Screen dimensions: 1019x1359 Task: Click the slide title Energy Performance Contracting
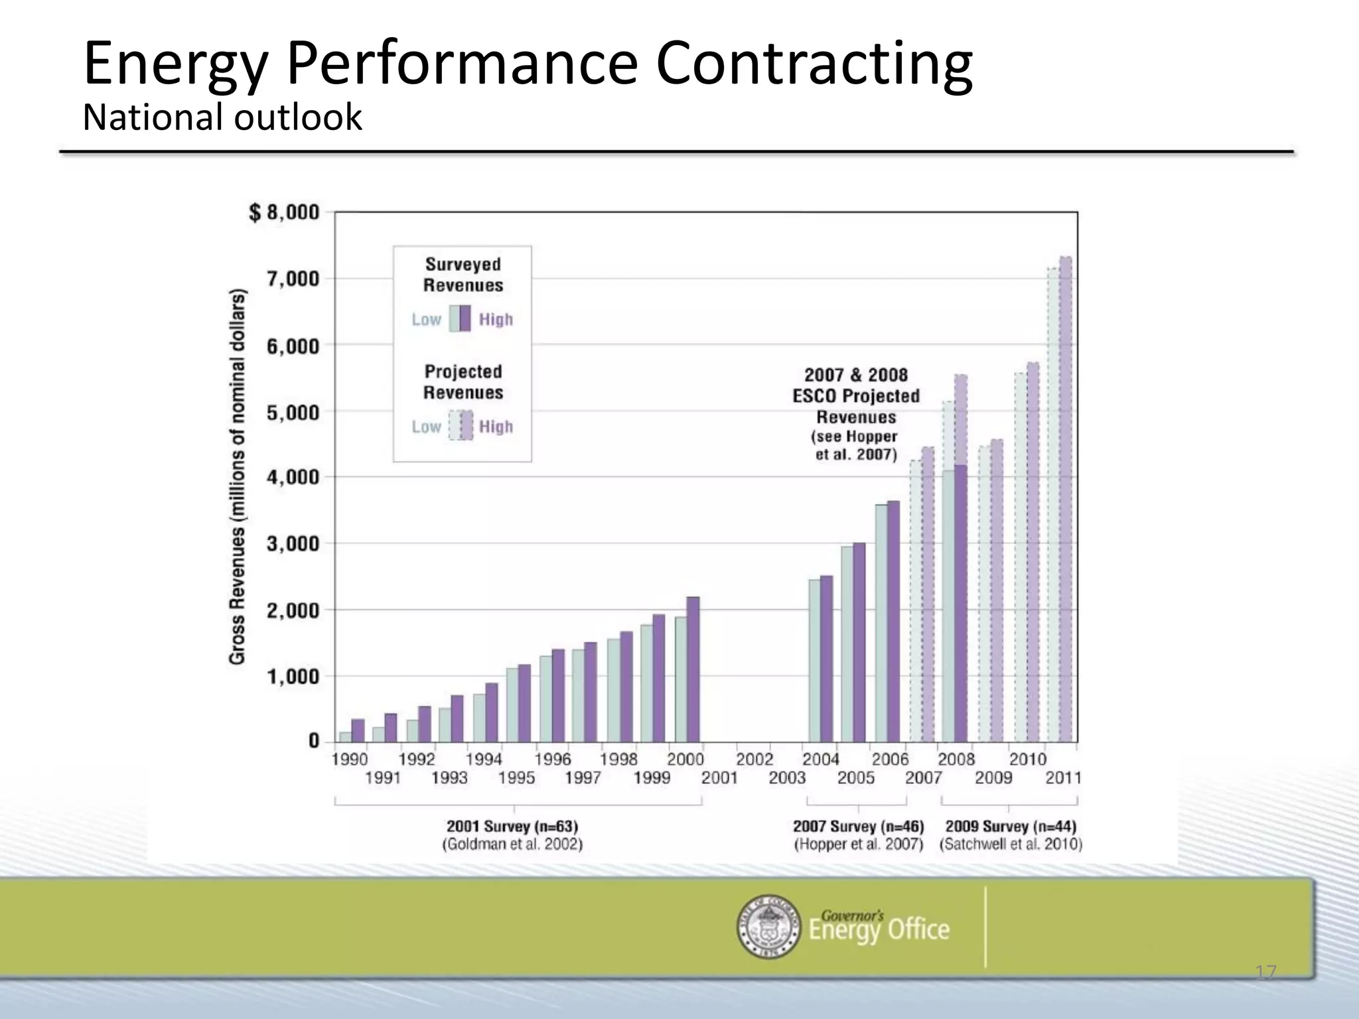point(528,65)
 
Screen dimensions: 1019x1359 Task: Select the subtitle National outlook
point(222,118)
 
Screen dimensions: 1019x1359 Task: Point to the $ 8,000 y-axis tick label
point(284,213)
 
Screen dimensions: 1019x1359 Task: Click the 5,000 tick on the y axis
point(293,413)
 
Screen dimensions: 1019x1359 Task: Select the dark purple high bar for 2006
point(894,621)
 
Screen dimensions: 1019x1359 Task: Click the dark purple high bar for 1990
point(358,730)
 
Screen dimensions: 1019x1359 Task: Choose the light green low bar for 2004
point(814,660)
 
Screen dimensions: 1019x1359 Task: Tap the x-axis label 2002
point(754,760)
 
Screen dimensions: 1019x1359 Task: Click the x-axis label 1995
point(516,778)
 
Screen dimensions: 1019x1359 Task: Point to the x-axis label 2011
point(1063,778)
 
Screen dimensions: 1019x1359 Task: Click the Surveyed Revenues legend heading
point(463,275)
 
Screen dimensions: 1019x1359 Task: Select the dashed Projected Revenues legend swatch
point(461,425)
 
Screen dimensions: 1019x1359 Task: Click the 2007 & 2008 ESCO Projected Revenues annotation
point(856,396)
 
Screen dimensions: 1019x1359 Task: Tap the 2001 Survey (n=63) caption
point(512,827)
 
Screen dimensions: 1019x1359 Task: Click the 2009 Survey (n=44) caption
point(1011,827)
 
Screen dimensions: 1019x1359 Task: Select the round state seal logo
point(768,926)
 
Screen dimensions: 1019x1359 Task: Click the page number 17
point(1265,973)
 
